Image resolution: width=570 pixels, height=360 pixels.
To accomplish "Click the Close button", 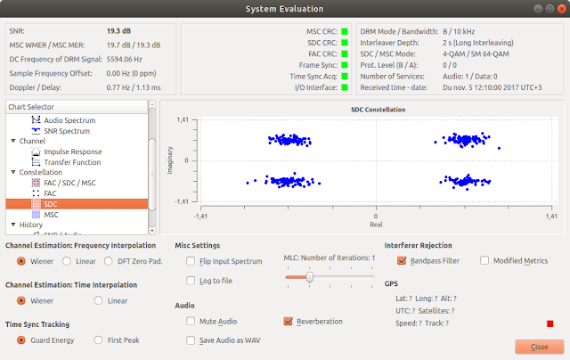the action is tap(540, 347).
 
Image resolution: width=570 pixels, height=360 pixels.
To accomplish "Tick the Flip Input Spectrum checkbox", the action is tap(191, 261).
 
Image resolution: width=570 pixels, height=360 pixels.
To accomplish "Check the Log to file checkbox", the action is tap(191, 281).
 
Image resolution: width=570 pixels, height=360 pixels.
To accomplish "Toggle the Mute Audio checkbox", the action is tap(191, 321).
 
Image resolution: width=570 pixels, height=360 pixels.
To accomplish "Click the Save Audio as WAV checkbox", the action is tap(191, 340).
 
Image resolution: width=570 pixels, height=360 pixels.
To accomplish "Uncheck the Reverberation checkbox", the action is tap(289, 321).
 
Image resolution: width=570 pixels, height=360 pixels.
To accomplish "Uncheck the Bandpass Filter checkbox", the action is tap(402, 260).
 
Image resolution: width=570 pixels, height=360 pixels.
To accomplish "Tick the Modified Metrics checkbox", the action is tap(484, 260).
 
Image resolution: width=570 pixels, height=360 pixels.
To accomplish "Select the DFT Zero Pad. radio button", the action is tap(109, 261).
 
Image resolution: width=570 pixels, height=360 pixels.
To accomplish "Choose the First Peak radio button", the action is tap(98, 340).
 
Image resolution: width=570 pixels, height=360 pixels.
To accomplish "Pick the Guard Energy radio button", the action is tap(21, 340).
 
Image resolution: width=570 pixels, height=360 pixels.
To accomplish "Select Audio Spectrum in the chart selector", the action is tap(69, 120).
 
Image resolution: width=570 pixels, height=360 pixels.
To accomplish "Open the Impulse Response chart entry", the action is tap(73, 151).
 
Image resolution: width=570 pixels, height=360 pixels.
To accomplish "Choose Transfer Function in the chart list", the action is tap(72, 162).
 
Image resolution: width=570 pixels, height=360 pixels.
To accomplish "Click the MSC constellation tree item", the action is tap(51, 215).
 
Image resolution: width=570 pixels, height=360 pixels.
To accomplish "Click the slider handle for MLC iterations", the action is tap(310, 277).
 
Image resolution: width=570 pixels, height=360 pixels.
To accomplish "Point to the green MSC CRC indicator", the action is tap(345, 32).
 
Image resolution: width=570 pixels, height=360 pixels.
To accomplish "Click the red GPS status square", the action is tap(550, 323).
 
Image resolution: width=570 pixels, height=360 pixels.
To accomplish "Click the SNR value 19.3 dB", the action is tap(118, 31).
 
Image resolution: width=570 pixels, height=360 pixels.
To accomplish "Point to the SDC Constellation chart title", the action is tap(378, 110).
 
